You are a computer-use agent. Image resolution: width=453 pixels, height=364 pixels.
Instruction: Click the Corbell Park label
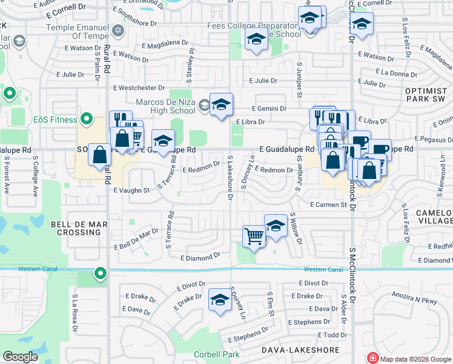click(216, 354)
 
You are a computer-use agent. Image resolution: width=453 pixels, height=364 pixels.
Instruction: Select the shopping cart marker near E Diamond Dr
click(254, 235)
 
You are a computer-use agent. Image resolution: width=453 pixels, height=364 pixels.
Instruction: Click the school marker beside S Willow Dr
click(276, 226)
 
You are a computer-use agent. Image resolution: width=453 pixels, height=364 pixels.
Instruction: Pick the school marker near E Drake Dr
click(220, 299)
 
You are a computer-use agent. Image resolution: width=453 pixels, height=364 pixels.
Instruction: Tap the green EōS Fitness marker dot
click(87, 120)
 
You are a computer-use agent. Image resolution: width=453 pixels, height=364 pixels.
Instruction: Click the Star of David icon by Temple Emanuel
click(118, 30)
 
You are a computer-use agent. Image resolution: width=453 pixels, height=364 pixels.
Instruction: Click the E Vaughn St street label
click(131, 190)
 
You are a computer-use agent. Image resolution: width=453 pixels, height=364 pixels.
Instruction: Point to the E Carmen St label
click(328, 205)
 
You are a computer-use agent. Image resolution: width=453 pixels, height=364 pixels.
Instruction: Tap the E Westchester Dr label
click(139, 88)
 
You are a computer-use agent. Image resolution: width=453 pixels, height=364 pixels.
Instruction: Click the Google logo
click(21, 357)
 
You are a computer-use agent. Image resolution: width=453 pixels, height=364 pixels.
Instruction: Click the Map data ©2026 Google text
click(415, 358)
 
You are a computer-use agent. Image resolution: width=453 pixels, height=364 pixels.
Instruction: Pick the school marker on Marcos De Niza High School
click(221, 105)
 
